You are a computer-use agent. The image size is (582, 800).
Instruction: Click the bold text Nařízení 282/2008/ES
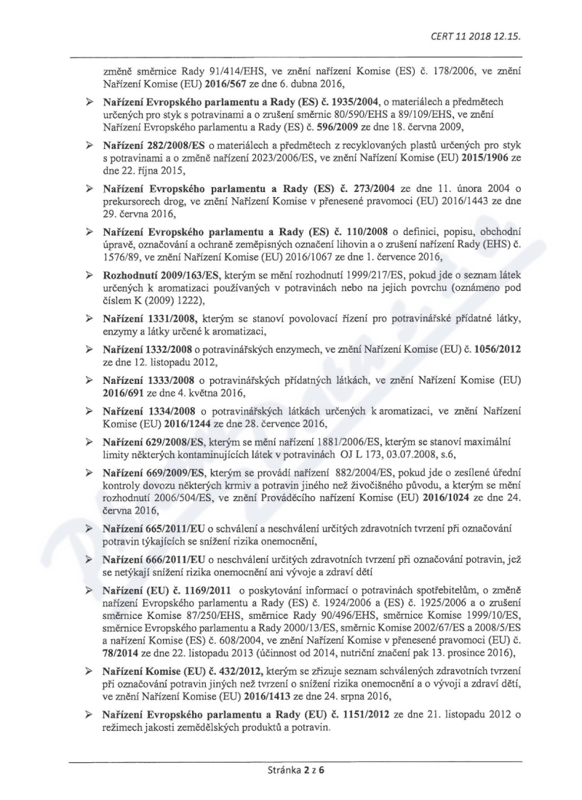(151, 145)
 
